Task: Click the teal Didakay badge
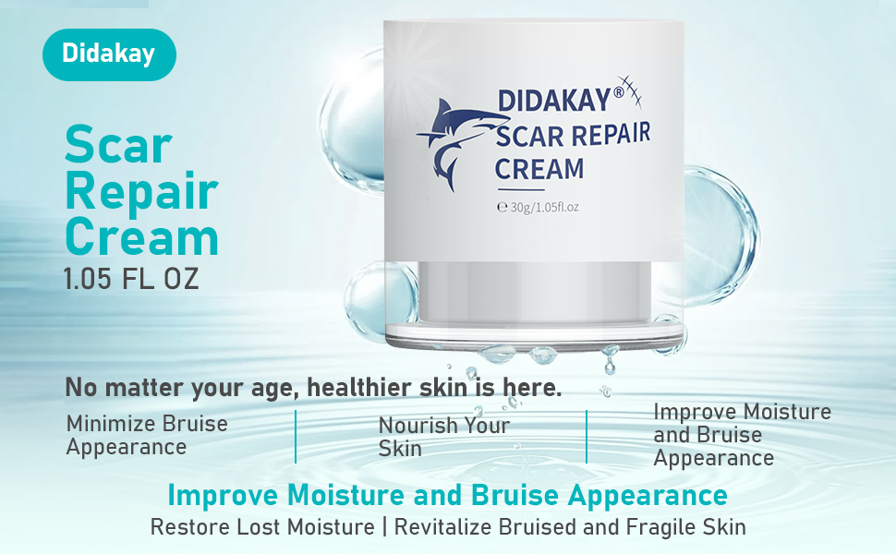tap(109, 54)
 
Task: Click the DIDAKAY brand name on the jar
tap(554, 101)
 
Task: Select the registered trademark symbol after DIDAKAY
tap(618, 92)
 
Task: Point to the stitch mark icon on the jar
tap(629, 91)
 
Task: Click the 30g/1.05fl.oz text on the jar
tap(538, 207)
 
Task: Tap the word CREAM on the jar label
tap(539, 169)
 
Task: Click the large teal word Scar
tap(118, 145)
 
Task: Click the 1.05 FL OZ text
tap(131, 279)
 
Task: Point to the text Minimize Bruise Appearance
tap(147, 435)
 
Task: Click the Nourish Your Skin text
tap(444, 437)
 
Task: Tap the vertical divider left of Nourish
tap(296, 436)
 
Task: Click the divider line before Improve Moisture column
tap(587, 437)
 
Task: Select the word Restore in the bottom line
tap(189, 526)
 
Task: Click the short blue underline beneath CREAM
tap(521, 189)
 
